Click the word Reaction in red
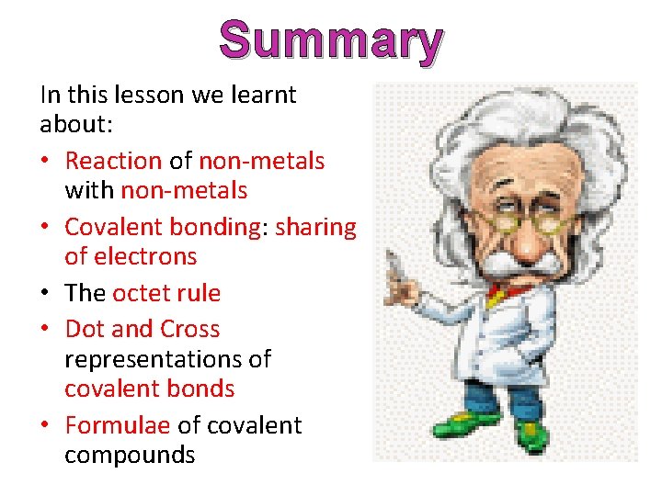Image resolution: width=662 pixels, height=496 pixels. (113, 161)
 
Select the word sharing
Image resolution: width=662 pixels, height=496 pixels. (315, 227)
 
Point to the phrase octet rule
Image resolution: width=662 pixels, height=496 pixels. (166, 293)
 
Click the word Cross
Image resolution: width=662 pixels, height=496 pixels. (190, 329)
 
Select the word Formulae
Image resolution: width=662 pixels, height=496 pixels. (117, 425)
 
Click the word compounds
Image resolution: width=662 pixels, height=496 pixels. (130, 455)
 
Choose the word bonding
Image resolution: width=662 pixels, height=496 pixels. (216, 227)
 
